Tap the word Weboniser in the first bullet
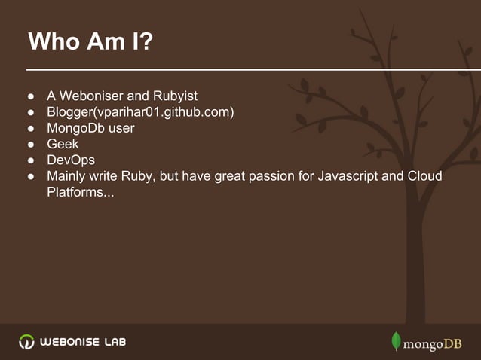[x=92, y=97]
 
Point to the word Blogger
[x=68, y=113]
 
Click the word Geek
[x=63, y=145]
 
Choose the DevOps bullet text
[x=71, y=160]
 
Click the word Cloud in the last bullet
[x=424, y=176]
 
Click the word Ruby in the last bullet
[x=136, y=176]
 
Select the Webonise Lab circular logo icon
[x=26, y=342]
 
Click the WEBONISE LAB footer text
[x=83, y=342]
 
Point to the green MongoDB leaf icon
[x=395, y=341]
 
